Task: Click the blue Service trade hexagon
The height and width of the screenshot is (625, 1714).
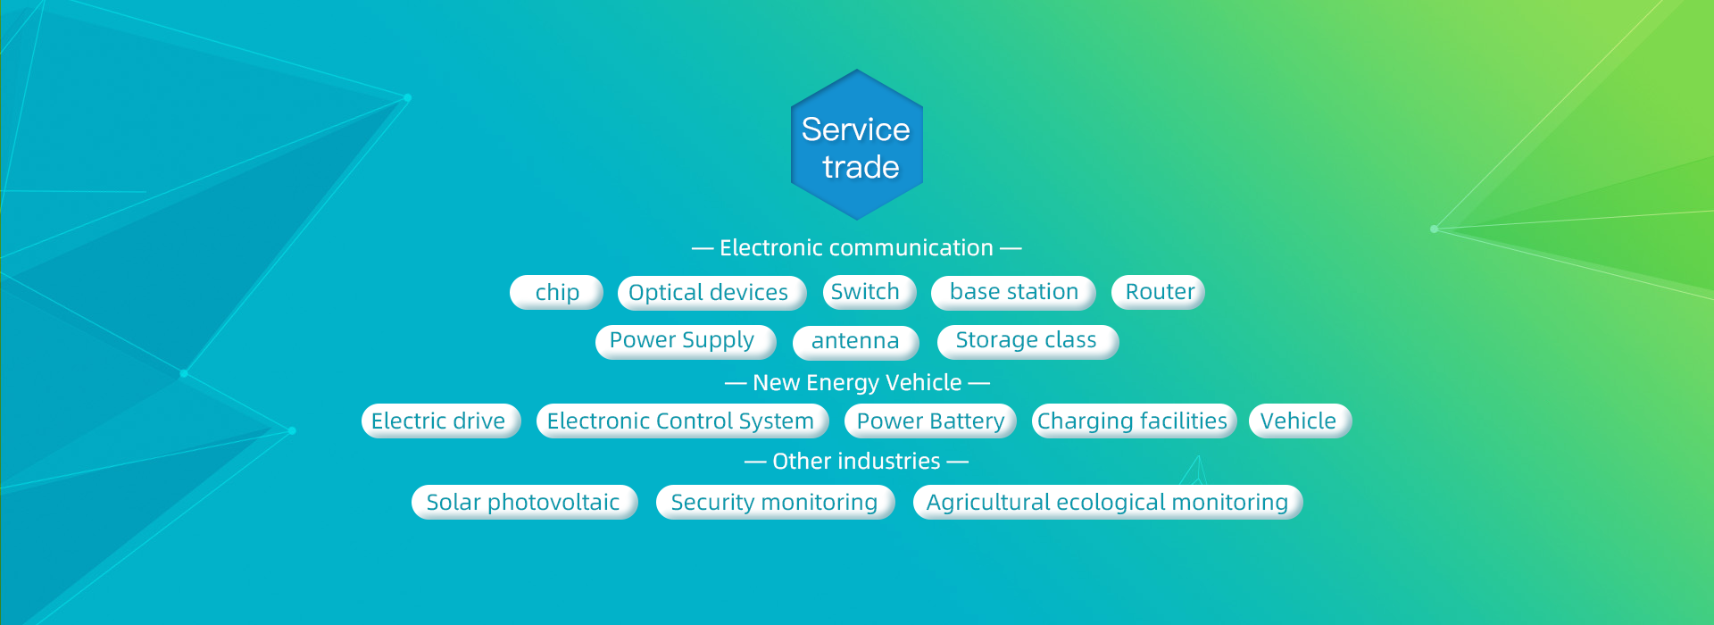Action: (857, 145)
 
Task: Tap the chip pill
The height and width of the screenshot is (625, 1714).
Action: (556, 292)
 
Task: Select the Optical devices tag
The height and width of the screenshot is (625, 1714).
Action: (711, 292)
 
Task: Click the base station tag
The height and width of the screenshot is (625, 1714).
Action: (1013, 292)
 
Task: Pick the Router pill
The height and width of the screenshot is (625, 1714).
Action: (1158, 292)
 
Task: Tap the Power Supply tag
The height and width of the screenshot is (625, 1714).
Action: (686, 342)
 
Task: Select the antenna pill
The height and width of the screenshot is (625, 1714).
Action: (856, 342)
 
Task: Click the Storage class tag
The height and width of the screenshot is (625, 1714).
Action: (1028, 342)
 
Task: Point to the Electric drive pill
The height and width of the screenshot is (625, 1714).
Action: (441, 421)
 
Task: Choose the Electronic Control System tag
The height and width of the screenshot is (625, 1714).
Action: (683, 421)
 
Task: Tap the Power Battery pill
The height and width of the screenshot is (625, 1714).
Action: (930, 421)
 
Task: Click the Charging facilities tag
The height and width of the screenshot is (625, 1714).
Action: (1134, 421)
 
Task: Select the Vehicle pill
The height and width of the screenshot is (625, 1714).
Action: (1300, 421)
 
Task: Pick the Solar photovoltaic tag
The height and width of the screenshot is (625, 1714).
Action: (525, 502)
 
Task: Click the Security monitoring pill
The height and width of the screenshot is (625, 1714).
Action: (776, 502)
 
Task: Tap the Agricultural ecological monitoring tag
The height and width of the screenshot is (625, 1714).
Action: (1108, 502)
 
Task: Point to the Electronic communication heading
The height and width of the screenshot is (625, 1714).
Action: (856, 247)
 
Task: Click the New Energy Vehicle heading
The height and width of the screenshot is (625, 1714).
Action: (857, 383)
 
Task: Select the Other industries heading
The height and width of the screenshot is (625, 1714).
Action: (856, 461)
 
